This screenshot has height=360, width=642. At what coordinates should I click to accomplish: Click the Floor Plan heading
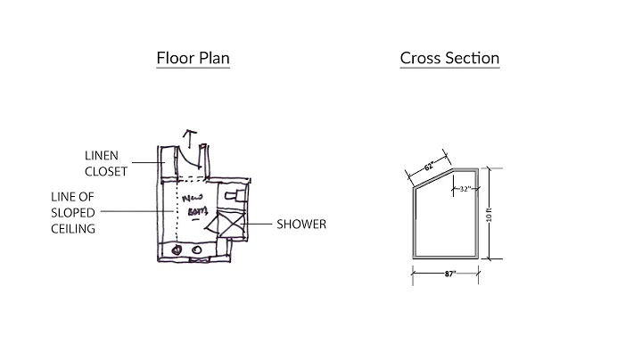click(x=193, y=59)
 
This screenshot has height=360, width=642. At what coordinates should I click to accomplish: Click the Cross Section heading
click(x=449, y=59)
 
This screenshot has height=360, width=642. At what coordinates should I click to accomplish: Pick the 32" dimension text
click(x=465, y=189)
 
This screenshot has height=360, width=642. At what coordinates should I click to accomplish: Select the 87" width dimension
click(x=449, y=273)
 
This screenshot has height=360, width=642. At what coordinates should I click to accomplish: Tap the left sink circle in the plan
click(x=177, y=250)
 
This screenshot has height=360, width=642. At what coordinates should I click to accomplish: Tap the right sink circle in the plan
click(x=196, y=250)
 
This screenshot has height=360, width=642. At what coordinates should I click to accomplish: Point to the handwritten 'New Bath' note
click(x=195, y=204)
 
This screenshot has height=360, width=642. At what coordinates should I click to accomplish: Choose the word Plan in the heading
click(x=214, y=59)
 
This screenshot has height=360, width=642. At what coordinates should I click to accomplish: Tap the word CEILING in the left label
click(x=74, y=229)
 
